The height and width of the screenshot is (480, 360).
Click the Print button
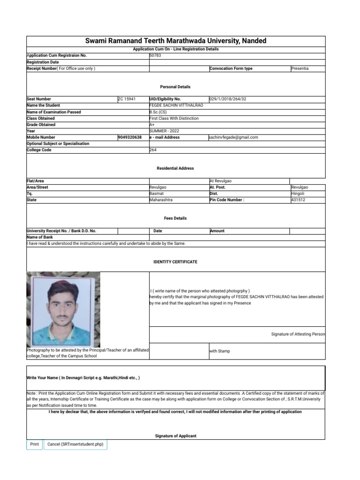(35, 444)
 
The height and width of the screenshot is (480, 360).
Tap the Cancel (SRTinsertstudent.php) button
(75, 444)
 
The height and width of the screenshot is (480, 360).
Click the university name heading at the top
(176, 41)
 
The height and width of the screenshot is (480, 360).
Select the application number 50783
(155, 55)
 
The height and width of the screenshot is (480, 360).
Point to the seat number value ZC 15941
(127, 99)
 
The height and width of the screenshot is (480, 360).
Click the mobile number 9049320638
(130, 137)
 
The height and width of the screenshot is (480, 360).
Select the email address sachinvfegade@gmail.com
(234, 137)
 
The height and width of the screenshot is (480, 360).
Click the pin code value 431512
(298, 200)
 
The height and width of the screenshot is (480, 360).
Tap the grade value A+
(152, 125)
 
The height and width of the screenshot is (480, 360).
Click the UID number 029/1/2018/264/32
(227, 99)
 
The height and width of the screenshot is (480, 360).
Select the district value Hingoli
(298, 194)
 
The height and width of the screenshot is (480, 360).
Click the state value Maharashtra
(161, 200)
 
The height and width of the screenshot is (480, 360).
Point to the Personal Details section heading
(175, 87)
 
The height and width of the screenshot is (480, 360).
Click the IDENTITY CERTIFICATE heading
(175, 262)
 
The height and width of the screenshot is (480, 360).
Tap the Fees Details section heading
(175, 218)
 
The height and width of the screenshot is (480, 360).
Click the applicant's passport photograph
(63, 309)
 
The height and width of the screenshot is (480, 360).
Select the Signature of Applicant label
(175, 436)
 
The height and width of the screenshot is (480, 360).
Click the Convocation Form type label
(231, 68)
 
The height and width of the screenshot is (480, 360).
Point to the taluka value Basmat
(157, 194)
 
